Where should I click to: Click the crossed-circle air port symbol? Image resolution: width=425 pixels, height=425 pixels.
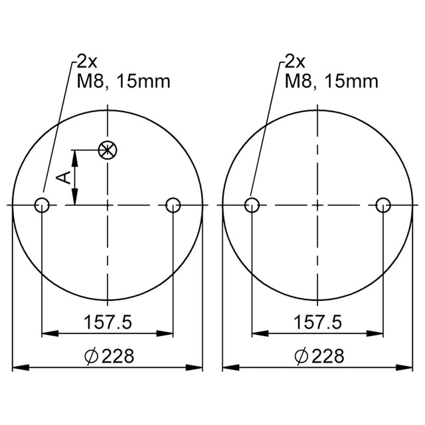click(106, 150)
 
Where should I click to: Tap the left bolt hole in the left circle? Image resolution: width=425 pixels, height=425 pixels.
click(42, 205)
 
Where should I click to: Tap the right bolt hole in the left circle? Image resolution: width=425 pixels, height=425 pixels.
click(173, 205)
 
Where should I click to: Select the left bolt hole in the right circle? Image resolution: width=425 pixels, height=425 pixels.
click(252, 205)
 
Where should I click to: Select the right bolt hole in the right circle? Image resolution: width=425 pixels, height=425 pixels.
click(382, 205)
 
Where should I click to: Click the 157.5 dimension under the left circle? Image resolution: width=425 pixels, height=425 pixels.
click(108, 323)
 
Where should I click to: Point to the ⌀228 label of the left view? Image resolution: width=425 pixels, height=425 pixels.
click(110, 357)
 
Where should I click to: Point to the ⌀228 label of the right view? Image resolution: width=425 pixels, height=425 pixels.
click(319, 357)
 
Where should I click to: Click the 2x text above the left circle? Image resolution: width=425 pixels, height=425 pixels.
click(86, 62)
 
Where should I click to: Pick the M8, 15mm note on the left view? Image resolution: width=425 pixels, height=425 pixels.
click(124, 81)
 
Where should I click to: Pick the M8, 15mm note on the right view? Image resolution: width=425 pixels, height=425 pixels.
click(332, 81)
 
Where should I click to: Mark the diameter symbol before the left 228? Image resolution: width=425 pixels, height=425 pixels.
click(92, 357)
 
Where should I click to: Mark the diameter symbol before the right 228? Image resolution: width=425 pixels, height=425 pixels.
click(301, 357)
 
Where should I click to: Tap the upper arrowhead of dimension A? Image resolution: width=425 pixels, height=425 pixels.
click(76, 157)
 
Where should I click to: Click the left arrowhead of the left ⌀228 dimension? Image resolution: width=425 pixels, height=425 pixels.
click(19, 367)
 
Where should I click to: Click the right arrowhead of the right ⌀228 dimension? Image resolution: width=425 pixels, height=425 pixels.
click(406, 367)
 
